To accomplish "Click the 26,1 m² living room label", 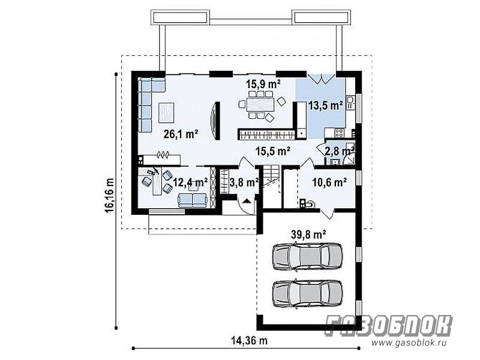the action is (x=181, y=134).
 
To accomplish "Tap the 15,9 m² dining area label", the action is (x=263, y=83).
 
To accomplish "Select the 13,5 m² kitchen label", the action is (x=325, y=106).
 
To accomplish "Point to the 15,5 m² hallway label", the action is (x=273, y=151).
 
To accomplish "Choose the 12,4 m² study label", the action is (x=191, y=182).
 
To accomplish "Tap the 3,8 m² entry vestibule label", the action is (x=244, y=182).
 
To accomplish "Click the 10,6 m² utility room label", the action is (x=329, y=182).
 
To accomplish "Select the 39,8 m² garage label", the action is (x=308, y=235).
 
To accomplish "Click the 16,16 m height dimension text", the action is (x=109, y=195).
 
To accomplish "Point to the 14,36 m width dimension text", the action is (x=249, y=340).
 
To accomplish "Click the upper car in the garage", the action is (x=307, y=256).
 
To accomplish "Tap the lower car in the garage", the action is (x=307, y=293).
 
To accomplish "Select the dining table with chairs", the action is (x=260, y=104).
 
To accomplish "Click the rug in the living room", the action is (x=166, y=112).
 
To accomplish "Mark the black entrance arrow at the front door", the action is (x=247, y=201).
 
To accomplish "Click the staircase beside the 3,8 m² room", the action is (x=272, y=186).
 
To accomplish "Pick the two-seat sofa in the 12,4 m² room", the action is (x=193, y=200).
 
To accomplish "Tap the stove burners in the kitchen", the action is (x=339, y=133).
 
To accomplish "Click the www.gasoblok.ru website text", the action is (x=413, y=343).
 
